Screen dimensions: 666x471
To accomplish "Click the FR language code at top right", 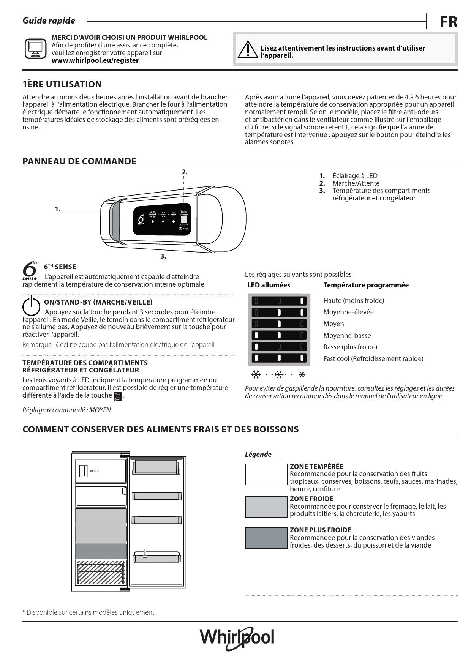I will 448,22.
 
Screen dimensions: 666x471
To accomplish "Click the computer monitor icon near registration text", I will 35,49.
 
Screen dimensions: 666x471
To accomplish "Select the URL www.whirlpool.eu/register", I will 95,60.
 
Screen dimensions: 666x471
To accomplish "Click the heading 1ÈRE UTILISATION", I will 62,84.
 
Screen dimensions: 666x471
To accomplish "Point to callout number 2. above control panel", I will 184,172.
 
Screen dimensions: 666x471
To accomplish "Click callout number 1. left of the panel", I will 57,209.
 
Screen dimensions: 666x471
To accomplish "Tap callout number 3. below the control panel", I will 163,256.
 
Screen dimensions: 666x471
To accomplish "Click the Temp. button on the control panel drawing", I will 184,219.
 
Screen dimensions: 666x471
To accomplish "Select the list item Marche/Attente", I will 356,183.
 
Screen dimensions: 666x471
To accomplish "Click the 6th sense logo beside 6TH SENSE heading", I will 30,270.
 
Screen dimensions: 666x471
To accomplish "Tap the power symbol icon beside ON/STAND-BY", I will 31,306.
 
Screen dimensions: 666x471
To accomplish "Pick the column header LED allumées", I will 269,285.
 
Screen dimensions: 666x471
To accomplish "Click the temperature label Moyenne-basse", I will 347,336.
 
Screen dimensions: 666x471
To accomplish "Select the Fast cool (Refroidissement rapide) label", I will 373,359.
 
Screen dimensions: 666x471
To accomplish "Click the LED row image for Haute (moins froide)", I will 279,301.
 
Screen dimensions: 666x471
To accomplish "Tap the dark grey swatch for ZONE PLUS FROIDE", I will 266,538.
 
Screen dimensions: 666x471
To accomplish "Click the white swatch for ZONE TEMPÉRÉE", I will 266,474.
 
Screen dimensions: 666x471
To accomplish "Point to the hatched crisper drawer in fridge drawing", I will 101,574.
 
